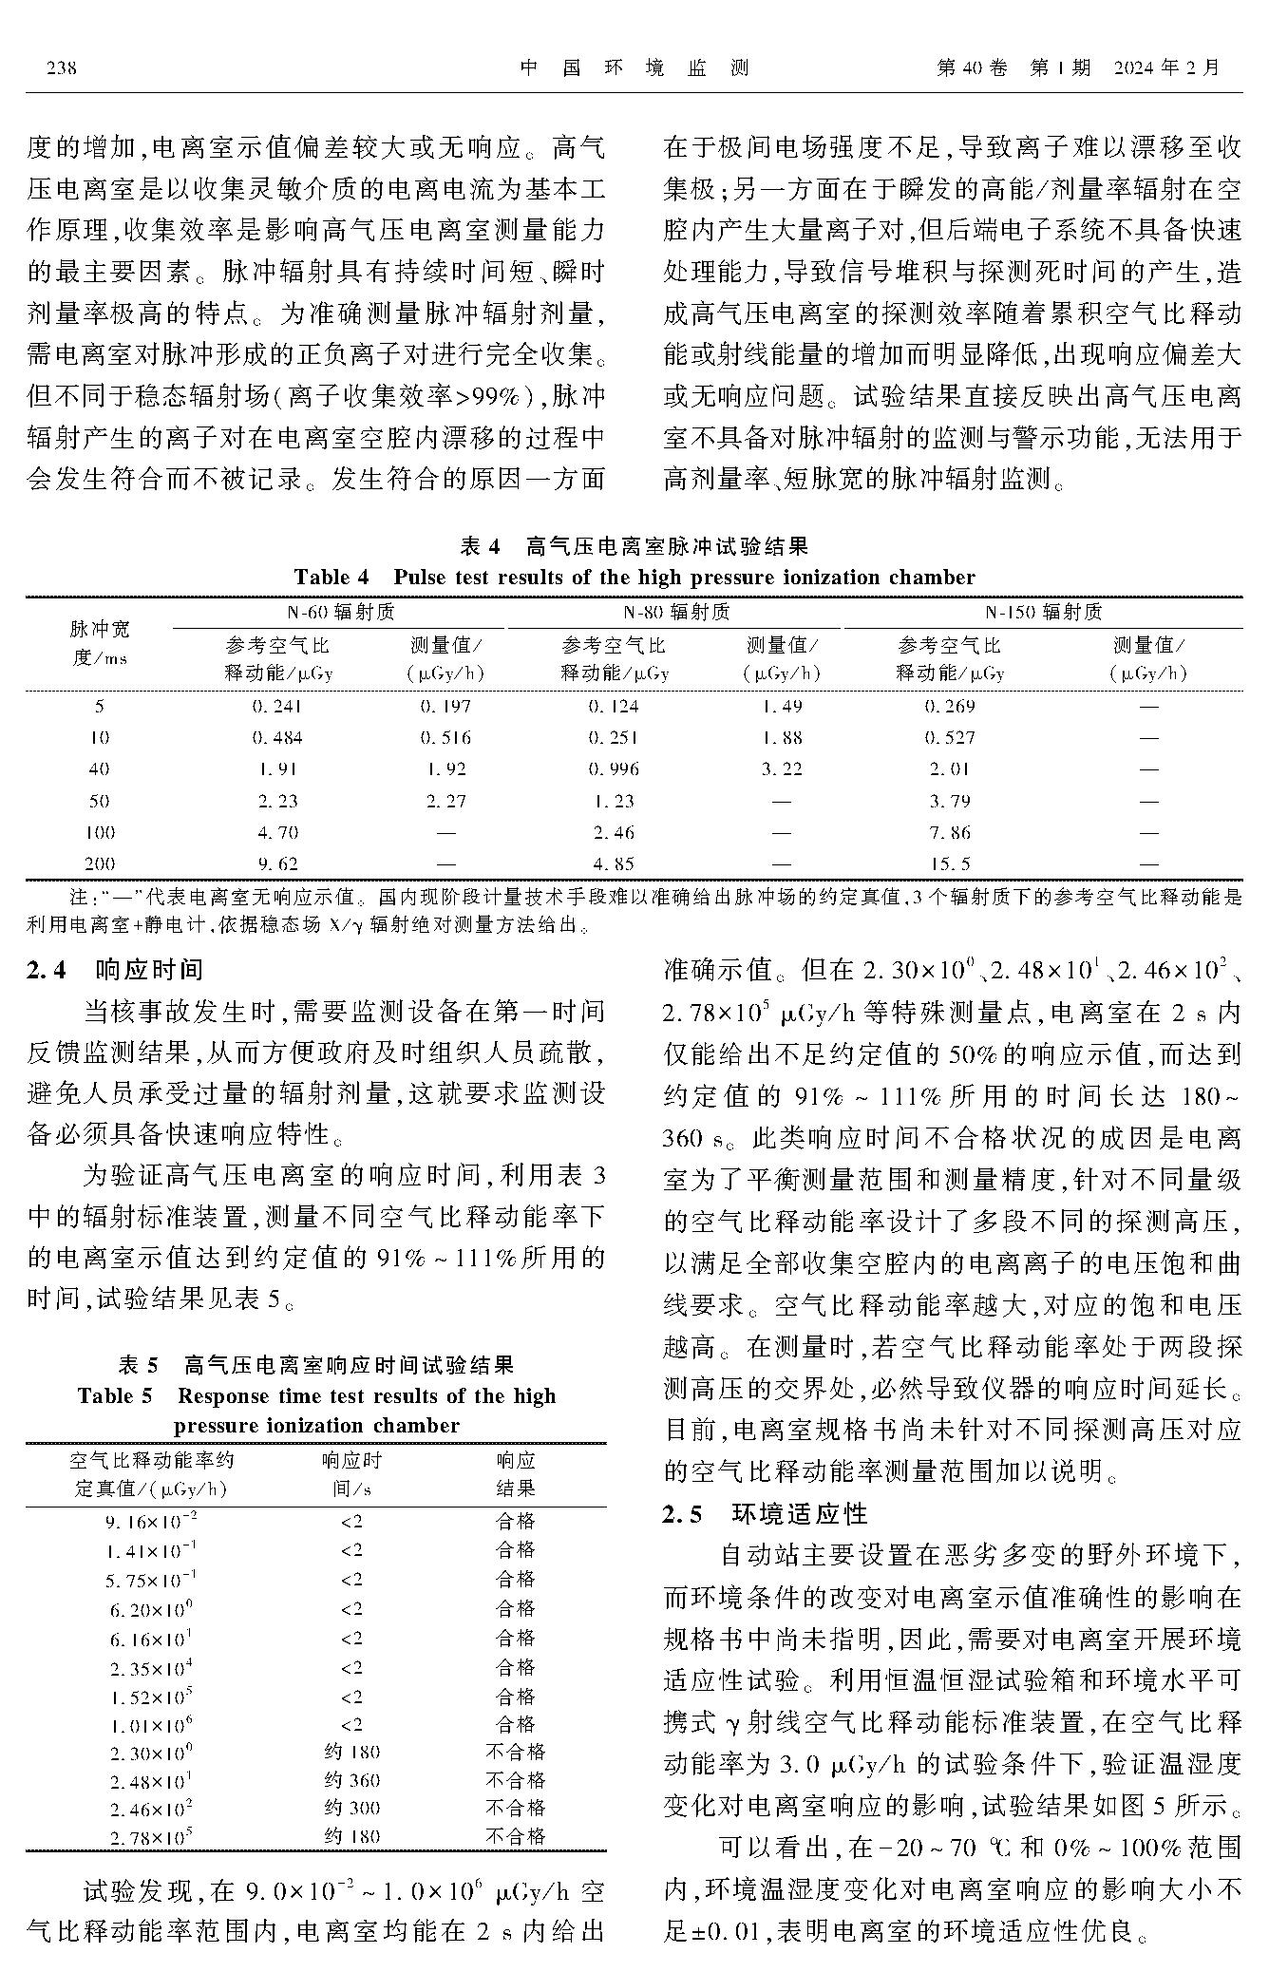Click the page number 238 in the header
coord(60,68)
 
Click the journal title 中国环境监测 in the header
coord(634,68)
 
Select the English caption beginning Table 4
coord(634,578)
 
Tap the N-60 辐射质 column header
coord(341,613)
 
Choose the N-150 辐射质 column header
coord(1043,613)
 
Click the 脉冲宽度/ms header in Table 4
coord(100,643)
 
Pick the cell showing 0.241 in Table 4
coord(276,707)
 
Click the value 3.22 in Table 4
coord(781,769)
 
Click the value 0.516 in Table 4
coord(445,738)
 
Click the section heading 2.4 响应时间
coord(115,970)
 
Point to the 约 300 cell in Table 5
coord(351,1808)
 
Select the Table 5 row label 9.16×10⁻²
coord(151,1521)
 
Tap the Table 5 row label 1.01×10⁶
coord(151,1724)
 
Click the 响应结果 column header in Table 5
coord(516,1474)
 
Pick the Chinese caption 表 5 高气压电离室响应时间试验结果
coord(315,1365)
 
